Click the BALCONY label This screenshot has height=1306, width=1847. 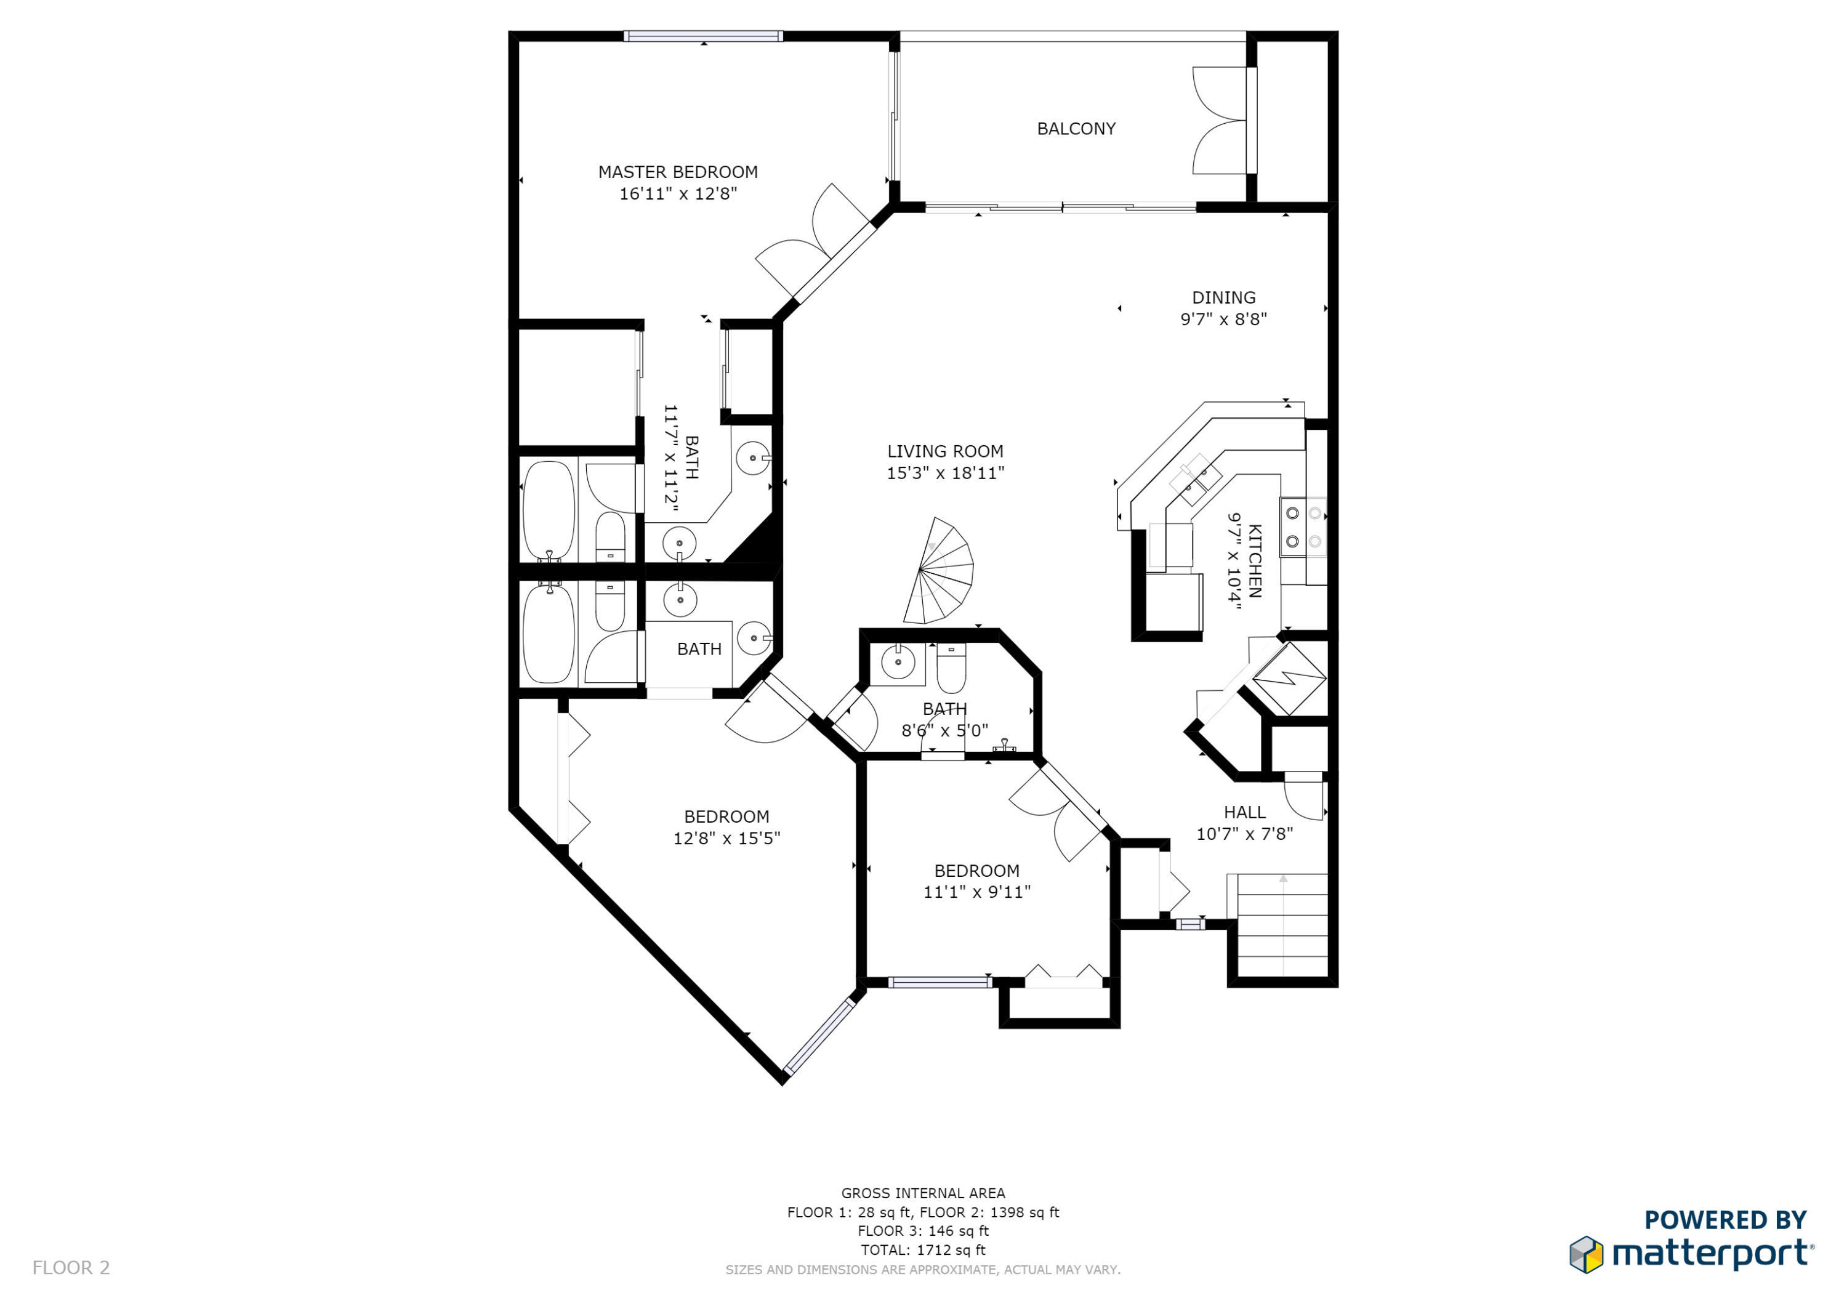point(1076,129)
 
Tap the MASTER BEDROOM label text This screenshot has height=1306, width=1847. point(677,172)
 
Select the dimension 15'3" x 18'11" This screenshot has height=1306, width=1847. point(945,473)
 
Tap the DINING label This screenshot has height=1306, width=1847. point(1223,298)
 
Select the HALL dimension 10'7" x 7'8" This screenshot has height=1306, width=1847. point(1244,834)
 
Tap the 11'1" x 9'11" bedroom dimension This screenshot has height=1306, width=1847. point(976,892)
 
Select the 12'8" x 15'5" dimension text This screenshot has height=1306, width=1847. point(726,837)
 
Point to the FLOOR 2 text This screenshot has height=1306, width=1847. point(71,1267)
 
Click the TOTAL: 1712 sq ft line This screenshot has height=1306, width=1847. point(923,1250)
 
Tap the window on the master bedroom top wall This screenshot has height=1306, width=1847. point(703,36)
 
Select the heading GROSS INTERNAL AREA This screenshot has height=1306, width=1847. point(923,1193)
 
